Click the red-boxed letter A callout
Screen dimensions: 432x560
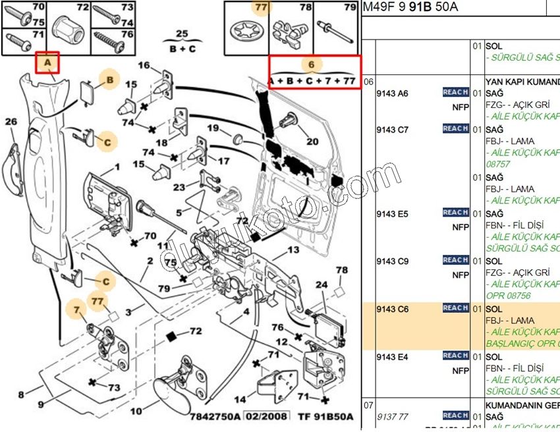[47, 63]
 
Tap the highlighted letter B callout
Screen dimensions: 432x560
[110, 80]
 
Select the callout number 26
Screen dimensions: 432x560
[11, 122]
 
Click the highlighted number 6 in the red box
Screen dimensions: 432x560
[312, 65]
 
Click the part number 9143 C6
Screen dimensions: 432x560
[392, 309]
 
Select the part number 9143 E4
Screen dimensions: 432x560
[392, 357]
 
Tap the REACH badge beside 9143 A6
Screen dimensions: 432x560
[455, 93]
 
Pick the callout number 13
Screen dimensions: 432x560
[293, 250]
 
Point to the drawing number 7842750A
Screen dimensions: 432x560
[211, 416]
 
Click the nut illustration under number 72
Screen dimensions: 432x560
[69, 29]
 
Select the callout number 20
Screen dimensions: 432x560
[312, 141]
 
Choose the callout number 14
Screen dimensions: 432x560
[240, 398]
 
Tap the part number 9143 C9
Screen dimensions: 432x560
[392, 261]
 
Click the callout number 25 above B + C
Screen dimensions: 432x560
[182, 33]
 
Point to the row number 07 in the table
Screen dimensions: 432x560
[368, 404]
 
